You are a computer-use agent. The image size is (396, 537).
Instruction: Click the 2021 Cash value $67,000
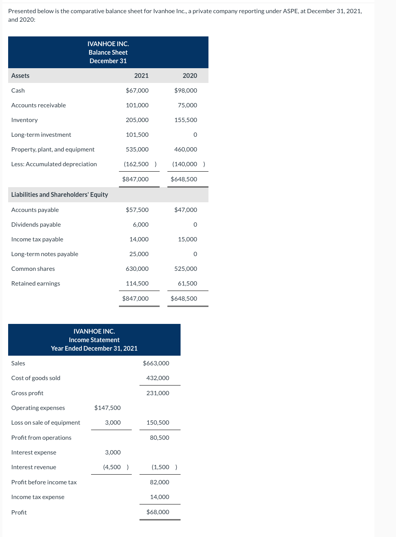[137, 90]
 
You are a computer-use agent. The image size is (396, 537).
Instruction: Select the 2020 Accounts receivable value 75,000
[188, 105]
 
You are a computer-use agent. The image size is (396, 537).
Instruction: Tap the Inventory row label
[24, 120]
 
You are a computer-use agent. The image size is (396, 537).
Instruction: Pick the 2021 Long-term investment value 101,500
[137, 134]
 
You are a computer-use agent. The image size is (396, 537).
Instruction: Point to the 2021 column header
[141, 76]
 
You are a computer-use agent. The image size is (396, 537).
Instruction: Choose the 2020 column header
[190, 76]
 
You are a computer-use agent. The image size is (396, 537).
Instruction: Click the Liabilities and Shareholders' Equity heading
[60, 194]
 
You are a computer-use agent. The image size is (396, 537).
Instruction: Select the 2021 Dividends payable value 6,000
[141, 224]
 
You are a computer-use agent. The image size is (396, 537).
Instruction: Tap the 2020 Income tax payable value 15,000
[188, 239]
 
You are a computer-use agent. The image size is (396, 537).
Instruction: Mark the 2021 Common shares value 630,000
[137, 268]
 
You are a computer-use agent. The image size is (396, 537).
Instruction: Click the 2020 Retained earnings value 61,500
[188, 283]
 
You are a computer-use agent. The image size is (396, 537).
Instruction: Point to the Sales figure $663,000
[156, 363]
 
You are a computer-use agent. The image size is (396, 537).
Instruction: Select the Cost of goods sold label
[36, 378]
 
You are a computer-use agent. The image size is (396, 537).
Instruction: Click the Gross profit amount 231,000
[158, 393]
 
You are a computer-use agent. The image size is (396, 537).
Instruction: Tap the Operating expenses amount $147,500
[107, 408]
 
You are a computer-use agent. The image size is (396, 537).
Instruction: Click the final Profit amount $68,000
[158, 512]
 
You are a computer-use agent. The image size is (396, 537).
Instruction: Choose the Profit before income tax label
[44, 482]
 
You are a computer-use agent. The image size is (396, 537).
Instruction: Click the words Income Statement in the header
[94, 340]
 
